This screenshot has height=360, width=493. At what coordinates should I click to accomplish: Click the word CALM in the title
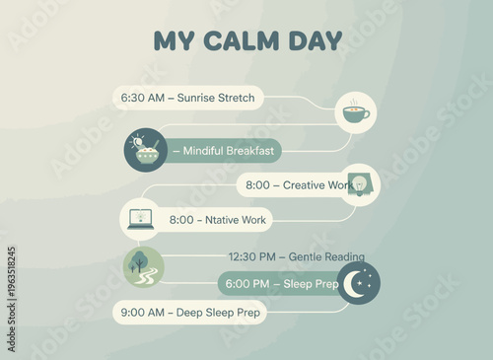pyautogui.click(x=246, y=41)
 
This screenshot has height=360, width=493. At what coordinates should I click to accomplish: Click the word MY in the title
pyautogui.click(x=175, y=41)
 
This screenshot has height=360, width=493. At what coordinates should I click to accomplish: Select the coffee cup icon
pyautogui.click(x=356, y=113)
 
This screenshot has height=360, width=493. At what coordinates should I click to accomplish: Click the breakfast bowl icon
pyautogui.click(x=146, y=151)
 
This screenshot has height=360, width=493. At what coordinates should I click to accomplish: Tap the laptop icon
pyautogui.click(x=141, y=219)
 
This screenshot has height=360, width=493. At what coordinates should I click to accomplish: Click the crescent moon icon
pyautogui.click(x=358, y=284)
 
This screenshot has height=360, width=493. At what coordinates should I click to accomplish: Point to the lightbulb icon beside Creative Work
pyautogui.click(x=360, y=183)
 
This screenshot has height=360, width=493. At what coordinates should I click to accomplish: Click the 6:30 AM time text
pyautogui.click(x=142, y=98)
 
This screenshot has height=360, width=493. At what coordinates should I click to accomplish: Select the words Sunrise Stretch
pyautogui.click(x=216, y=98)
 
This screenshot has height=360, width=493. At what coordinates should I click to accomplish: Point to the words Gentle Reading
pyautogui.click(x=327, y=256)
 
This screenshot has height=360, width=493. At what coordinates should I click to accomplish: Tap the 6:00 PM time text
pyautogui.click(x=248, y=285)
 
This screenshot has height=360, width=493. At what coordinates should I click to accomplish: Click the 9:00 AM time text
pyautogui.click(x=144, y=313)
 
